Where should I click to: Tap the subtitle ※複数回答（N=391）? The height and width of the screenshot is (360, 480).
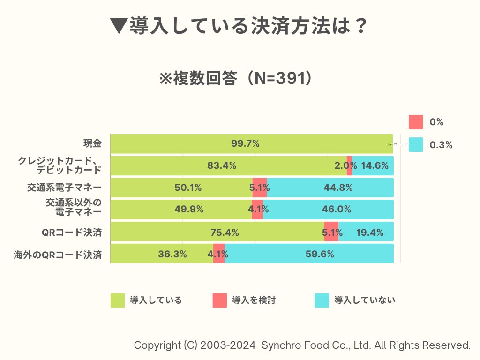236,79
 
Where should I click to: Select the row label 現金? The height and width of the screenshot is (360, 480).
92,143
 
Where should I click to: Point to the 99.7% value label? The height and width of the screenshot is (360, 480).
245,143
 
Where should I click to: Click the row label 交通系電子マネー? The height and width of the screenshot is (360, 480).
64,187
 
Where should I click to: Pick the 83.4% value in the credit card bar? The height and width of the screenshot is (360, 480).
222,165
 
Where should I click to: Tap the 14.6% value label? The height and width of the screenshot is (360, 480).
375,165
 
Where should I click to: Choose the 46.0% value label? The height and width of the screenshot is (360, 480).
337,210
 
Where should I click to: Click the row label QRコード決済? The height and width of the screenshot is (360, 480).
72,232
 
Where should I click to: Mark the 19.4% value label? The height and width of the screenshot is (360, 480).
370,232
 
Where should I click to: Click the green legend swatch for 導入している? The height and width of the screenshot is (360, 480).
118,300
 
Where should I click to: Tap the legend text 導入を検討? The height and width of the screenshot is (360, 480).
254,300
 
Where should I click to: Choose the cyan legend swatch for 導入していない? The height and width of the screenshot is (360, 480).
322,300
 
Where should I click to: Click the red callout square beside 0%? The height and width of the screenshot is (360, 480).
416,122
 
